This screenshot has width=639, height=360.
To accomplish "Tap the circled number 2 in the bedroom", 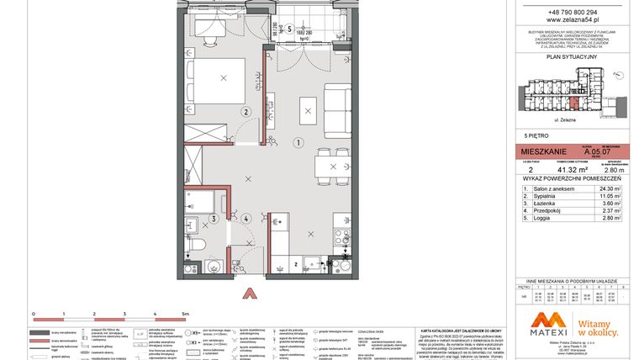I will [x=246, y=111].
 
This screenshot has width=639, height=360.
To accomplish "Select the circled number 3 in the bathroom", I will [x=214, y=219].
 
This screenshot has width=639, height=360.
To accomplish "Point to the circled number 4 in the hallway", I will [x=246, y=219].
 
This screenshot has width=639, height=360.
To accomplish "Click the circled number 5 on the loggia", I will [x=289, y=28].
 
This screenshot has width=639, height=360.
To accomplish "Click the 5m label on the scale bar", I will [x=186, y=312].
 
